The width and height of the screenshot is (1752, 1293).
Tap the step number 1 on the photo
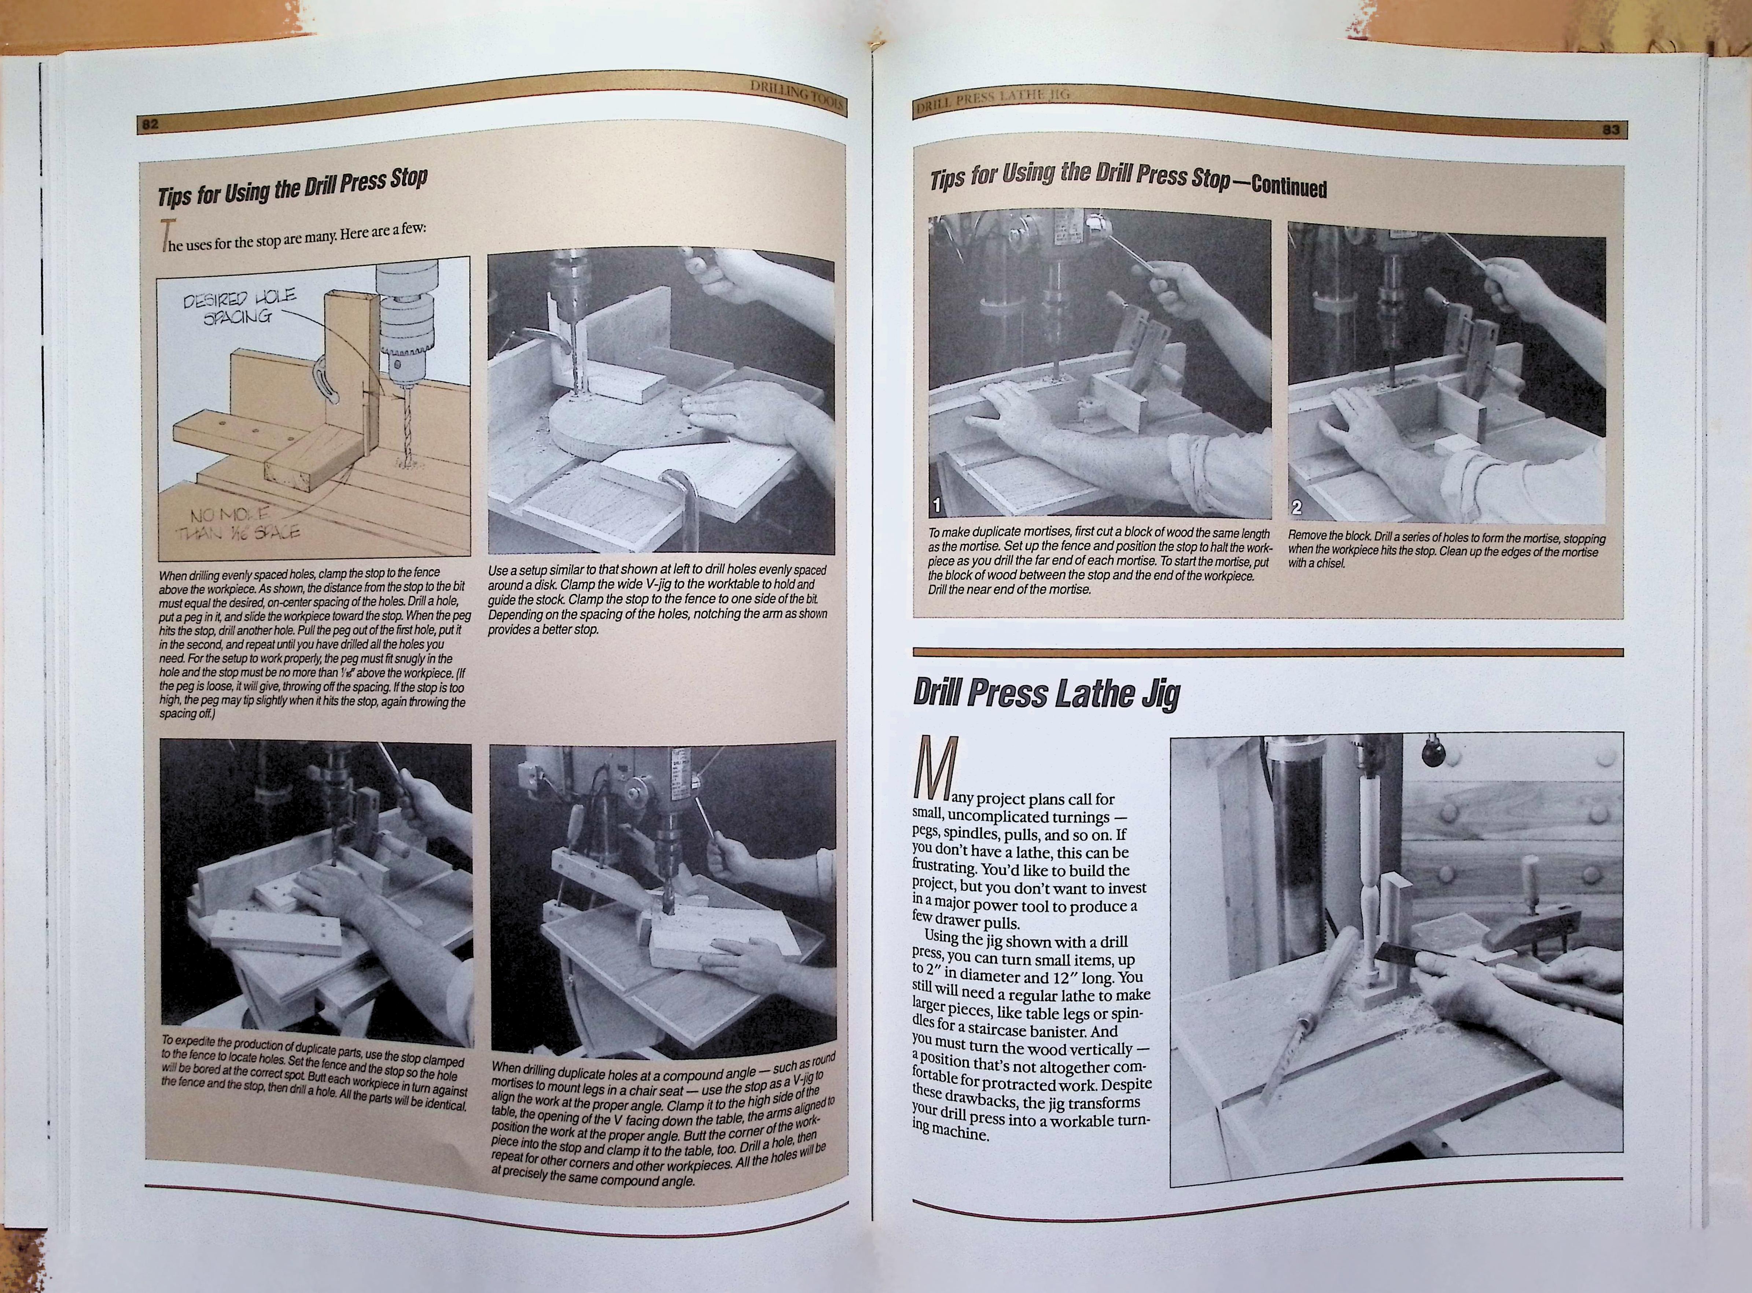[x=937, y=506]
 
